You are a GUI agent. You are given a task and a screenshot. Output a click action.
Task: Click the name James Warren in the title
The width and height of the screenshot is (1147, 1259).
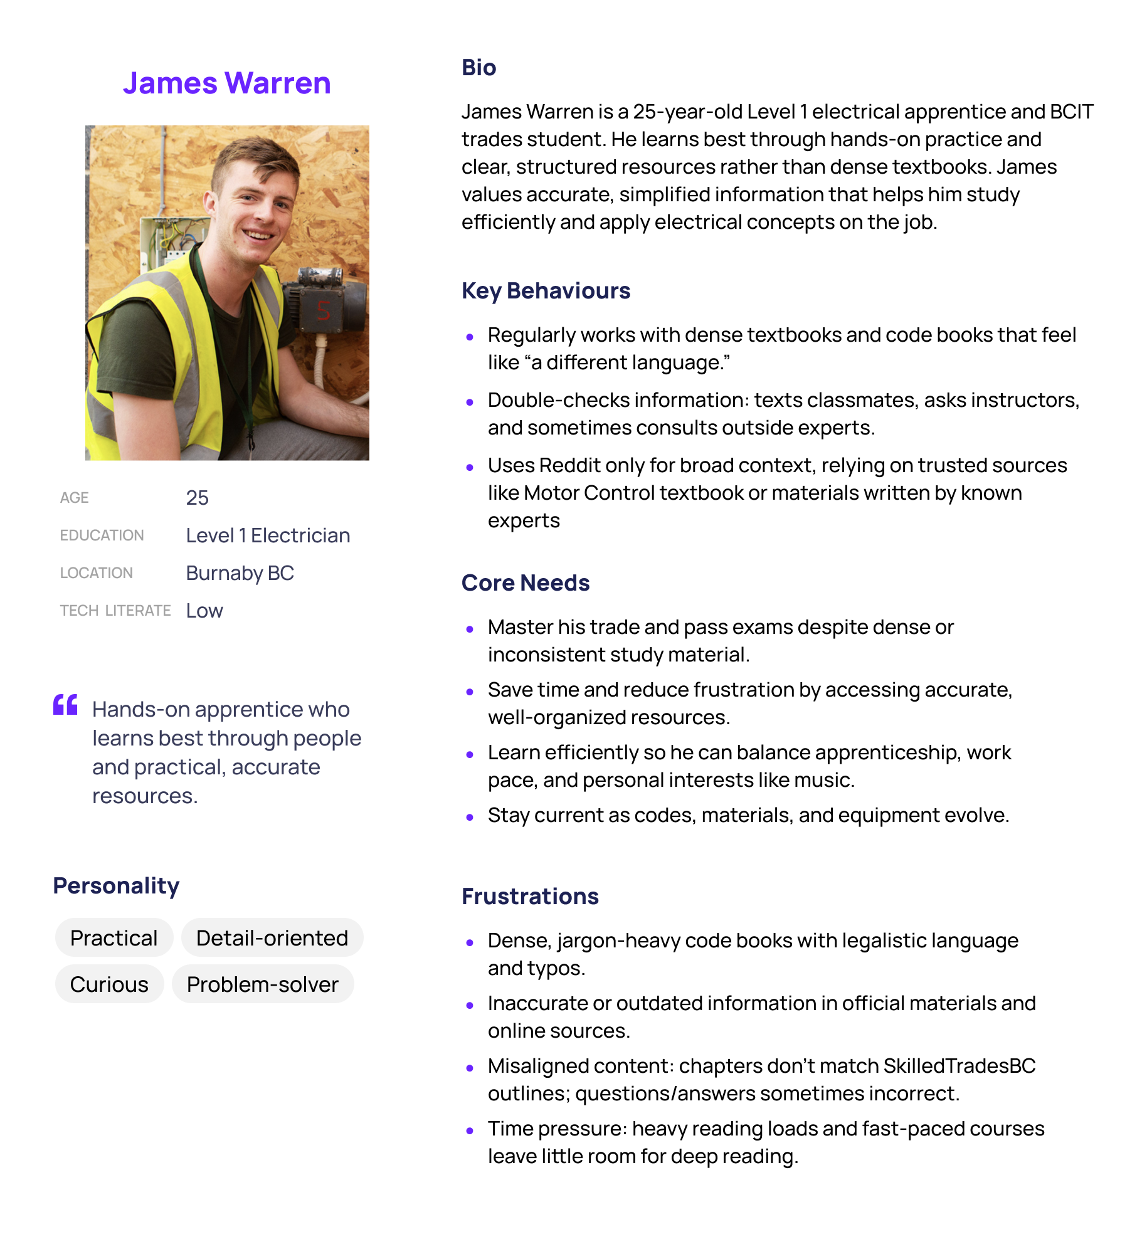[x=227, y=83]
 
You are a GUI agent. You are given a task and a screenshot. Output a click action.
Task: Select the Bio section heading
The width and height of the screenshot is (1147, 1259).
[x=478, y=68]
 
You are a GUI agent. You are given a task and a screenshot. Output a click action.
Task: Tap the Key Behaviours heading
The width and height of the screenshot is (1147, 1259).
[x=546, y=291]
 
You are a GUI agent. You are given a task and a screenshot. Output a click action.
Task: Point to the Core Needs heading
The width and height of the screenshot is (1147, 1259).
[x=526, y=583]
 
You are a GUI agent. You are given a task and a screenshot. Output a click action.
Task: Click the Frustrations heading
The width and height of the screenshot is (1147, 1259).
[x=530, y=897]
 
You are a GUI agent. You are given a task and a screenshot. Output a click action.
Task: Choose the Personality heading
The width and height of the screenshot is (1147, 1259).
[x=116, y=886]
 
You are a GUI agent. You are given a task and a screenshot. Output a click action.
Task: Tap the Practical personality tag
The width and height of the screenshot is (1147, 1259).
[x=114, y=938]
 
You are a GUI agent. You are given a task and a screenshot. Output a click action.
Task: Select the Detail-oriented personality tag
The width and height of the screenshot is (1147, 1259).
[x=272, y=938]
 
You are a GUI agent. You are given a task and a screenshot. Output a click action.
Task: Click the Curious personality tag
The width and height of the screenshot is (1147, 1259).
[x=109, y=984]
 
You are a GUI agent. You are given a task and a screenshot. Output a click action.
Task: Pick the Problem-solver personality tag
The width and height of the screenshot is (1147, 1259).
[x=263, y=984]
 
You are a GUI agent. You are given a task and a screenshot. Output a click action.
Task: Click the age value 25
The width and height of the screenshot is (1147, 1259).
[x=197, y=498]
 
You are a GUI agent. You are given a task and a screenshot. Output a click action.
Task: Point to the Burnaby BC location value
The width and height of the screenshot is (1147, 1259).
[x=240, y=573]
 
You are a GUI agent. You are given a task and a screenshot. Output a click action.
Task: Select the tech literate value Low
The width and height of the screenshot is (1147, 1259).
[x=204, y=611]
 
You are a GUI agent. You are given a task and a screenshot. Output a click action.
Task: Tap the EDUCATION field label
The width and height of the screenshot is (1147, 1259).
[x=102, y=535]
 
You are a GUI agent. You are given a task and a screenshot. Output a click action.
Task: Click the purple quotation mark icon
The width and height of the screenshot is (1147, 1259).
[x=65, y=705]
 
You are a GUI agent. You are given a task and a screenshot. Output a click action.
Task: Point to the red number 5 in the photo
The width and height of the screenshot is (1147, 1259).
[x=324, y=310]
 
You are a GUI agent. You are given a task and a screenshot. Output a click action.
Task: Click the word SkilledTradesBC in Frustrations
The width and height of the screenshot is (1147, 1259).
[x=959, y=1066]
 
